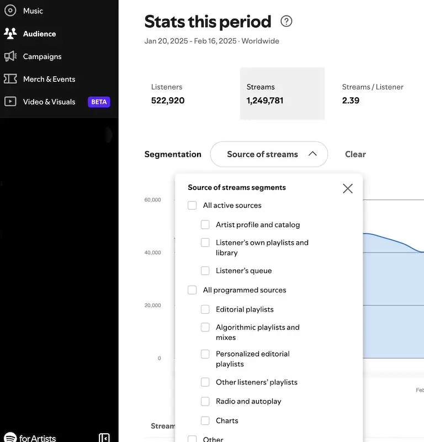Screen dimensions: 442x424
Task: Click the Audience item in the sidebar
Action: [x=39, y=34]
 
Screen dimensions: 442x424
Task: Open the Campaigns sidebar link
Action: [x=42, y=56]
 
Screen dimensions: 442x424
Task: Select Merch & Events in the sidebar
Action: [x=49, y=79]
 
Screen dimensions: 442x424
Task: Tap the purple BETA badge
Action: [x=99, y=102]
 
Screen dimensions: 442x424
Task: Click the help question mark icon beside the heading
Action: [x=286, y=22]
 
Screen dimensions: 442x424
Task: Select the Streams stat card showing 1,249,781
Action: [x=282, y=93]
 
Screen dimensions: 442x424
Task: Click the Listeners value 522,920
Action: [x=168, y=101]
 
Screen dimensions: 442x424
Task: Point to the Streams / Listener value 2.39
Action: [x=351, y=101]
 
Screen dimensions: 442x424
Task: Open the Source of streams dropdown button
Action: [x=269, y=154]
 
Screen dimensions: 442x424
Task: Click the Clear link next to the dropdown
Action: [x=355, y=154]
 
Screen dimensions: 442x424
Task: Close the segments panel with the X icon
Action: [x=347, y=188]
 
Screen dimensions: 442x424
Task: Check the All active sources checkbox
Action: [x=192, y=206]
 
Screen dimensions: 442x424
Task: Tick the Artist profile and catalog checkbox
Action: [x=205, y=225]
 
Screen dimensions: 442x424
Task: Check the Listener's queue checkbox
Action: [x=205, y=271]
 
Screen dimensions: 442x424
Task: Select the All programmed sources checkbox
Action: [x=192, y=290]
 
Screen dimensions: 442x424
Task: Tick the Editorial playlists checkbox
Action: [x=205, y=309]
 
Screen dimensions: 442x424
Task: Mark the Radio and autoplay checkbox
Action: [x=205, y=401]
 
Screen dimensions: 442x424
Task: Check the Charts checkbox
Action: [x=205, y=420]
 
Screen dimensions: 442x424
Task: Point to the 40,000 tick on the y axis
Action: [x=152, y=252]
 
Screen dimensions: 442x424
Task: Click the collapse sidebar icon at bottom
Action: [x=104, y=438]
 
